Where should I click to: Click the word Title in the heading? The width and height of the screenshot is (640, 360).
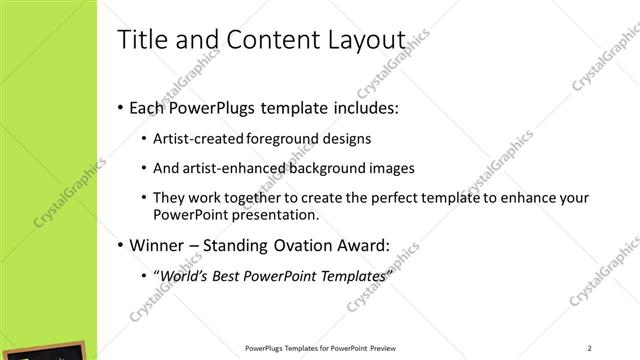tap(140, 41)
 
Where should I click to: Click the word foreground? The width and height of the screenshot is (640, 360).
tap(292, 139)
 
